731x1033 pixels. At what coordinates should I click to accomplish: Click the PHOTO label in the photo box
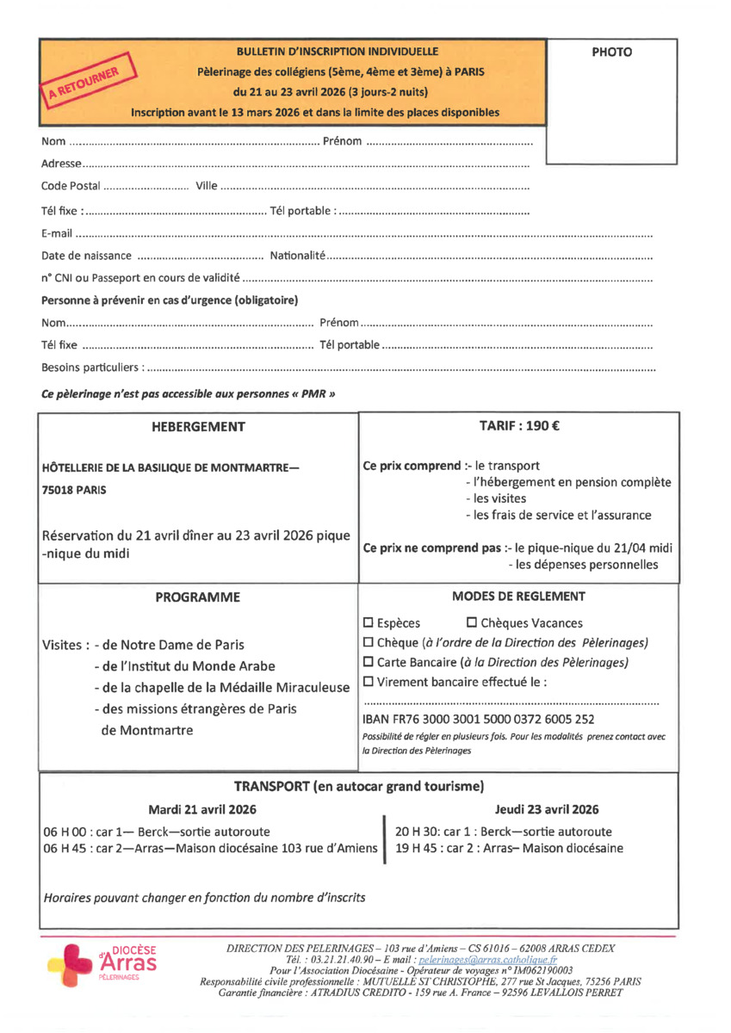click(x=611, y=53)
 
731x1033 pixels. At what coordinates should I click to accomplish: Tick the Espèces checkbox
click(x=369, y=623)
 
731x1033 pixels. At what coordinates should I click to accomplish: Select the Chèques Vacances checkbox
click(x=472, y=623)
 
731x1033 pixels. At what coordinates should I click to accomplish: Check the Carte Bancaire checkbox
click(x=369, y=663)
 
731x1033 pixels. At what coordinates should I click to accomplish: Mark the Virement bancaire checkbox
click(x=369, y=683)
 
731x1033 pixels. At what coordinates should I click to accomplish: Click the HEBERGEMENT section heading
click(x=198, y=427)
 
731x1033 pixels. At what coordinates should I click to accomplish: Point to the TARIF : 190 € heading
click(x=518, y=426)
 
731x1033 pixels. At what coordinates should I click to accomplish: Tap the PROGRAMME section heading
click(x=198, y=597)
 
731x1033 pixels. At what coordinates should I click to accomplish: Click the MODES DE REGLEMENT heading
click(x=518, y=597)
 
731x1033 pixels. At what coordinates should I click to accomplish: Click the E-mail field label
click(x=57, y=233)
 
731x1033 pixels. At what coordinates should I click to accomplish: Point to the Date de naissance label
click(x=86, y=256)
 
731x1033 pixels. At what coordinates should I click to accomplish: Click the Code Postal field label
click(x=71, y=186)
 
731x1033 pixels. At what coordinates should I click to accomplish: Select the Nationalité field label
click(x=297, y=256)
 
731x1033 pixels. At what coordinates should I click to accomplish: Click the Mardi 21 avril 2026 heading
click(x=202, y=810)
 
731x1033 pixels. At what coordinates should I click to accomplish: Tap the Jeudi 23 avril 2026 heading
click(x=547, y=810)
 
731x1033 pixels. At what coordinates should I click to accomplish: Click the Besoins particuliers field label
click(x=90, y=368)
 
